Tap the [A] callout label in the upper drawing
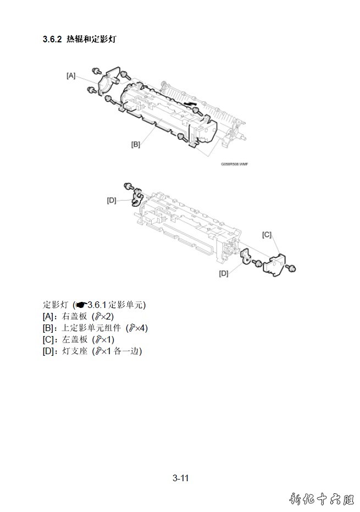[71, 76]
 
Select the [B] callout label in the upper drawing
[135, 145]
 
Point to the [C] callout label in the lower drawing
[267, 235]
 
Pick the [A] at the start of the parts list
[48, 316]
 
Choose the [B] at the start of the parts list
[48, 328]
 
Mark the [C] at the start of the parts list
[48, 339]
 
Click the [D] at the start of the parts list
[48, 351]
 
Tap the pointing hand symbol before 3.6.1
[81, 305]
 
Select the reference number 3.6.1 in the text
[97, 305]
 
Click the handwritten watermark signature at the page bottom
[322, 499]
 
